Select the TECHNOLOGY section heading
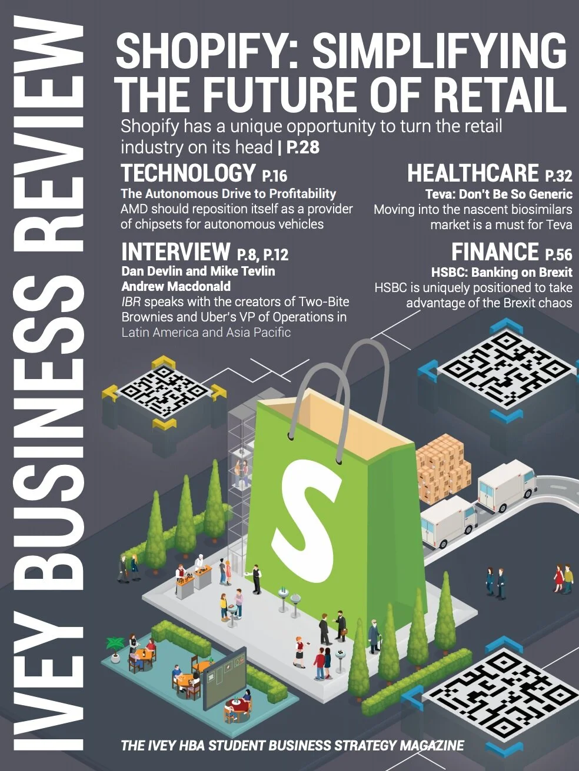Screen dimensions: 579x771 click(188, 173)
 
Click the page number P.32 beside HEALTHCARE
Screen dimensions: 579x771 click(558, 176)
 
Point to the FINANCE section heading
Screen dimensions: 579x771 click(495, 252)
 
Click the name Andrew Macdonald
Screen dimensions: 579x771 click(176, 287)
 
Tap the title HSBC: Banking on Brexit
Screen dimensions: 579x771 click(501, 273)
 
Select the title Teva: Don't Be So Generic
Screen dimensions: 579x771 click(498, 194)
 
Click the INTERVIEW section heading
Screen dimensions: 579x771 click(175, 252)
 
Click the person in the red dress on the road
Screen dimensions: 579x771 click(558, 577)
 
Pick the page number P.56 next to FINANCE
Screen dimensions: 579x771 click(558, 254)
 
